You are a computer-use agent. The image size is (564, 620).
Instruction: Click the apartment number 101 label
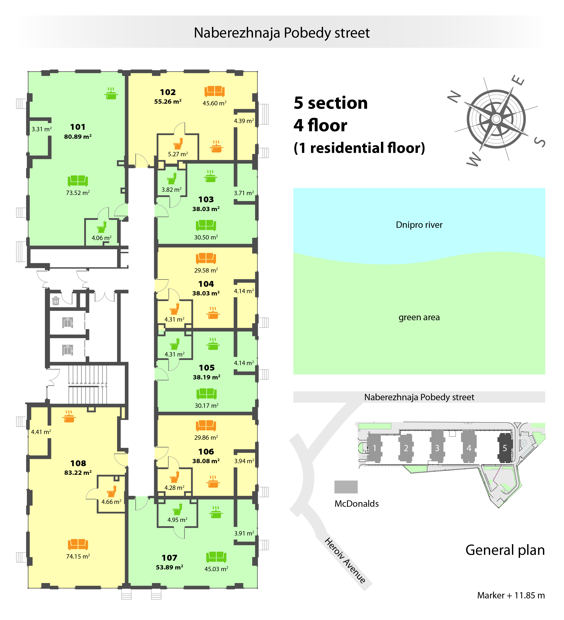click(78, 127)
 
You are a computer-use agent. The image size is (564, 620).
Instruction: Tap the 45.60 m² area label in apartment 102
click(214, 103)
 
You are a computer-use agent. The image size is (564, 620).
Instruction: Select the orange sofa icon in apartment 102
click(214, 91)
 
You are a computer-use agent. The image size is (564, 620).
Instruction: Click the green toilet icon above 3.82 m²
click(172, 178)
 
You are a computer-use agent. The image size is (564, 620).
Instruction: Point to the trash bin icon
click(56, 301)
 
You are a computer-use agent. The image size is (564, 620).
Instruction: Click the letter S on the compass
click(540, 142)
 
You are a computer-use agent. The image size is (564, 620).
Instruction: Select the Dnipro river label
click(419, 225)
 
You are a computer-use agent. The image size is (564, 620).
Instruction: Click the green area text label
click(419, 317)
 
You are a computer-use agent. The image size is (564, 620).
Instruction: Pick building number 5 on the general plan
click(505, 448)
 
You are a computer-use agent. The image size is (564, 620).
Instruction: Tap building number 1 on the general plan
click(374, 448)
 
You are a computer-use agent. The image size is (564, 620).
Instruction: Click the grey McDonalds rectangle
click(346, 487)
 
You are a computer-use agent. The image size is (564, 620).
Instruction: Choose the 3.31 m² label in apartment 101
click(42, 129)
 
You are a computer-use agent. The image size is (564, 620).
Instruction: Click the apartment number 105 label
click(207, 368)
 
